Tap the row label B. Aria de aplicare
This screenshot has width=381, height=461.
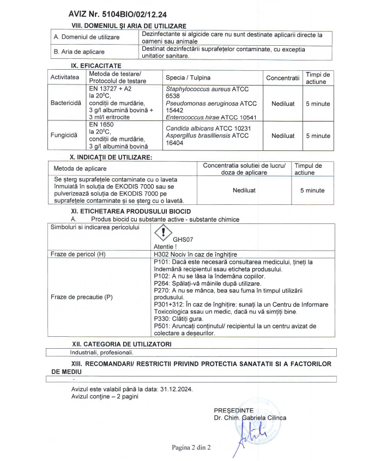click(x=79, y=52)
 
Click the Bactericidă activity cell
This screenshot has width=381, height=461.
click(x=65, y=102)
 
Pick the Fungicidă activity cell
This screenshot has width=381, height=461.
click(x=65, y=136)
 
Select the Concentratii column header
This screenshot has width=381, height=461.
click(x=283, y=78)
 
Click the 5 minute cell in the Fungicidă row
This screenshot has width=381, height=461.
click(x=317, y=136)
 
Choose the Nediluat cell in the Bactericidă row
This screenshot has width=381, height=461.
click(x=283, y=103)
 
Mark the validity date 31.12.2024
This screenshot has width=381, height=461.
click(x=176, y=390)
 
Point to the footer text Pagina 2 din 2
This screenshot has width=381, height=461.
click(x=191, y=447)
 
